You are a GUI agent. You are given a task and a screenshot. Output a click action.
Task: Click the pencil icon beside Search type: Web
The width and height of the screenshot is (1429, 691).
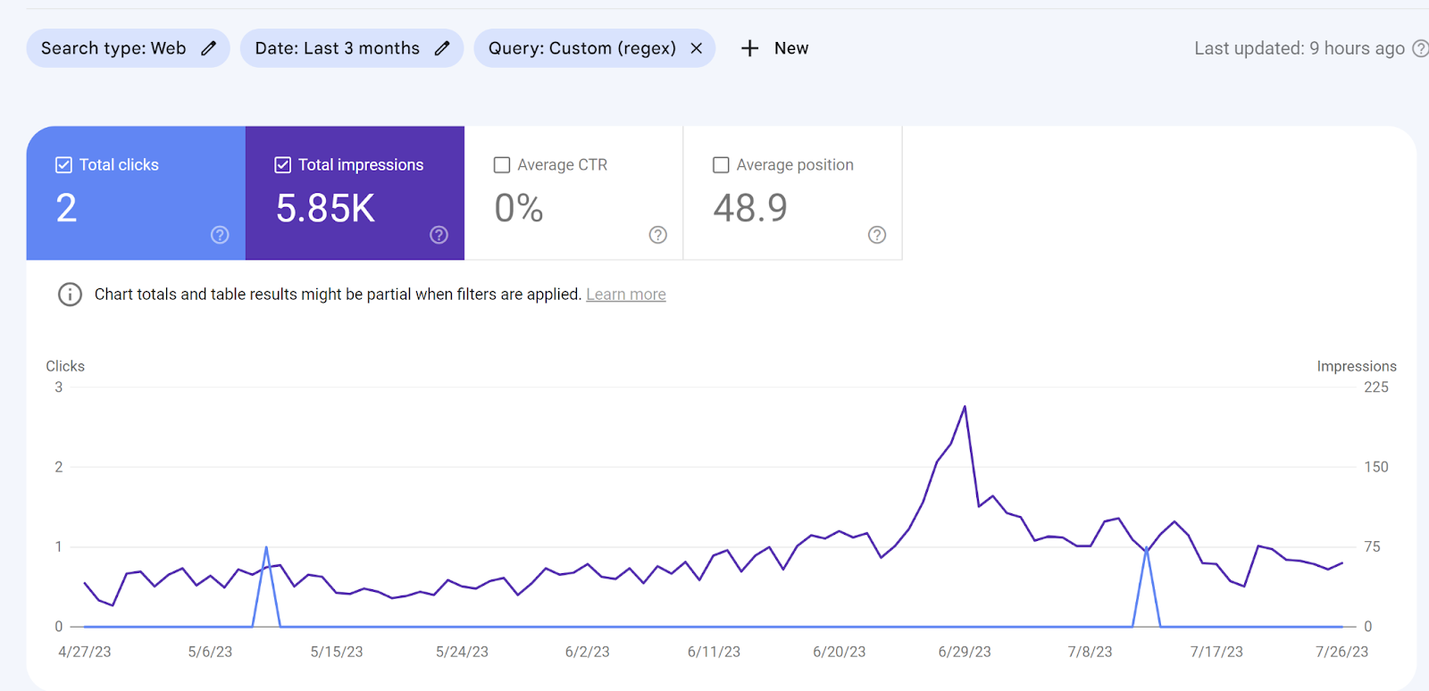pyautogui.click(x=208, y=48)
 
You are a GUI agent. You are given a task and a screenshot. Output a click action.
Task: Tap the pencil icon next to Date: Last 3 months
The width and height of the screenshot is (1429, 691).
pyautogui.click(x=442, y=48)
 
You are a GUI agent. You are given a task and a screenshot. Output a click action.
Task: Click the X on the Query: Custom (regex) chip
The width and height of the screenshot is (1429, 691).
pyautogui.click(x=697, y=48)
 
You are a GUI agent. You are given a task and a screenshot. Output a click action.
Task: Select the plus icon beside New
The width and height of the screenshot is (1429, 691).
pyautogui.click(x=750, y=48)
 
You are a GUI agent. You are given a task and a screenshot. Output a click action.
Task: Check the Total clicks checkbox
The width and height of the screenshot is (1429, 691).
pyautogui.click(x=63, y=165)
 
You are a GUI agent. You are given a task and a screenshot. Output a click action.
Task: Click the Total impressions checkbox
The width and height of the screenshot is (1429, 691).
pyautogui.click(x=282, y=165)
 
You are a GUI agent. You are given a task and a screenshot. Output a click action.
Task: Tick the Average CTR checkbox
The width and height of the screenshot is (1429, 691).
pyautogui.click(x=502, y=165)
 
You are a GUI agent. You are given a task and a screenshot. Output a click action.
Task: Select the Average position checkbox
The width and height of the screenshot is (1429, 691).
pyautogui.click(x=721, y=165)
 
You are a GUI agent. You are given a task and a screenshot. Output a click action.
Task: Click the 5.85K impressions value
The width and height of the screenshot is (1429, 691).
pyautogui.click(x=325, y=209)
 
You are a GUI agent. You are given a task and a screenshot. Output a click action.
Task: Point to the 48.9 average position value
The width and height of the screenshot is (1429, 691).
pyautogui.click(x=750, y=209)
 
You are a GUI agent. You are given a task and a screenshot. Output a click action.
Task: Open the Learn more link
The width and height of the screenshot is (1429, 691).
pyautogui.click(x=625, y=295)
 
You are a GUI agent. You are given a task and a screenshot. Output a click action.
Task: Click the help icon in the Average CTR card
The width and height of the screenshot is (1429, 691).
pyautogui.click(x=658, y=235)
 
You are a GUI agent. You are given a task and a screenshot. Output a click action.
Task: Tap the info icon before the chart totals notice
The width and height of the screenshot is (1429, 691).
pyautogui.click(x=70, y=295)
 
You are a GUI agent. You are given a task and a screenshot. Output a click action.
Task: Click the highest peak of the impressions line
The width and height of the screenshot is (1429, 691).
pyautogui.click(x=965, y=407)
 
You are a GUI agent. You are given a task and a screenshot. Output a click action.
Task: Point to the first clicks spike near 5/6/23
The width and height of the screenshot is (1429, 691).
pyautogui.click(x=266, y=547)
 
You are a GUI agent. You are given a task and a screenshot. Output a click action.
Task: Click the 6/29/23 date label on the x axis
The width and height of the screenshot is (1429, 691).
pyautogui.click(x=965, y=652)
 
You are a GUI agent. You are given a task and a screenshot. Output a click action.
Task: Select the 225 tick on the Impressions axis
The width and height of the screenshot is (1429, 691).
pyautogui.click(x=1375, y=387)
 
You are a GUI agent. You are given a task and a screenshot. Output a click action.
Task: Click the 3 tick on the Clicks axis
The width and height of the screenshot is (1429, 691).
pyautogui.click(x=59, y=387)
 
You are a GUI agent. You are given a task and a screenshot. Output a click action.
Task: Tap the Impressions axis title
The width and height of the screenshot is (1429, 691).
pyautogui.click(x=1356, y=366)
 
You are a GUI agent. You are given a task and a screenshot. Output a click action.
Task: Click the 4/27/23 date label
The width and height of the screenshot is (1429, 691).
pyautogui.click(x=85, y=652)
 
